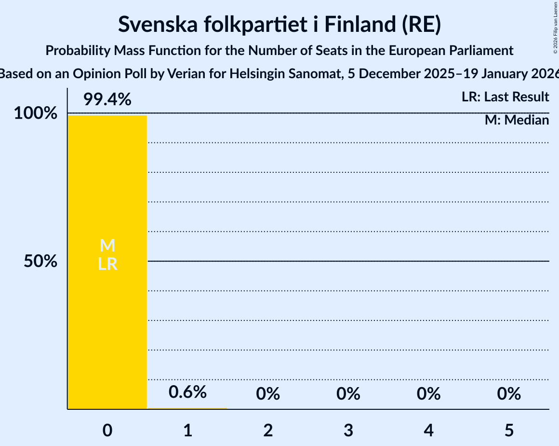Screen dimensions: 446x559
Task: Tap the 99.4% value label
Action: tap(107, 100)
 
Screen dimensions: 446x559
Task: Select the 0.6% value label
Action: tap(187, 392)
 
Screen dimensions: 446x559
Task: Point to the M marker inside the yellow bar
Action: tap(107, 246)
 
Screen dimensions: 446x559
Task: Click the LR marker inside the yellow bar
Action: tap(107, 264)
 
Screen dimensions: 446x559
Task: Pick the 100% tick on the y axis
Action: tap(35, 114)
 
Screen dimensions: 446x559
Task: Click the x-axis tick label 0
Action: tap(107, 431)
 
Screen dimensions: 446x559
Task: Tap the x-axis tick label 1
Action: tap(187, 431)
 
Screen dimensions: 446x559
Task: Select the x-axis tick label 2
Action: tap(268, 431)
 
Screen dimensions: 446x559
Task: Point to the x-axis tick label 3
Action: tap(348, 431)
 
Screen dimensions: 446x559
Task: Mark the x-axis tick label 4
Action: tap(428, 431)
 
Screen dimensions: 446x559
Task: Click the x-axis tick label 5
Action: tap(509, 431)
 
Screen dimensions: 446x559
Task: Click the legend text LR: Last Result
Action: tap(505, 97)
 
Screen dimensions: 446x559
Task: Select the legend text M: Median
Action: tap(517, 120)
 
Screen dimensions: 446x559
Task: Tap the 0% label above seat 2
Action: tap(268, 394)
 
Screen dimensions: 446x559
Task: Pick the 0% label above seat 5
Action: tap(509, 394)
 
